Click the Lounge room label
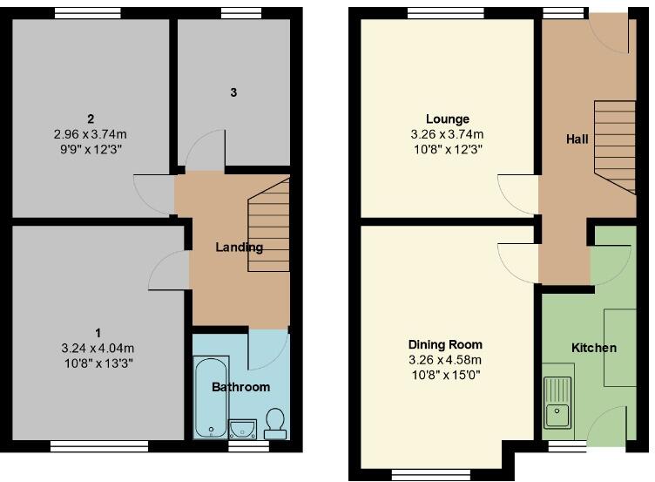(448, 119)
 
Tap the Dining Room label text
(445, 344)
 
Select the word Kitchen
(594, 348)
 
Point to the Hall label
(577, 139)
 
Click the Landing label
(240, 248)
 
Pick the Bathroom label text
(241, 387)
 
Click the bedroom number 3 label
(233, 92)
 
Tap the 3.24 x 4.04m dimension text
(98, 348)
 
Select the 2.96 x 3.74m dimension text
(91, 134)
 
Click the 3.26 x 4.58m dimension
(445, 359)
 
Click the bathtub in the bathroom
(212, 397)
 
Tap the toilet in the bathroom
(275, 423)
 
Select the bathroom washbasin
(243, 430)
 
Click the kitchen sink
(557, 403)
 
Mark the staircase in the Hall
(615, 147)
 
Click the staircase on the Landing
(268, 225)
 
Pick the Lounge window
(446, 14)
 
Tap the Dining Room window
(430, 475)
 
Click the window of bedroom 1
(99, 446)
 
